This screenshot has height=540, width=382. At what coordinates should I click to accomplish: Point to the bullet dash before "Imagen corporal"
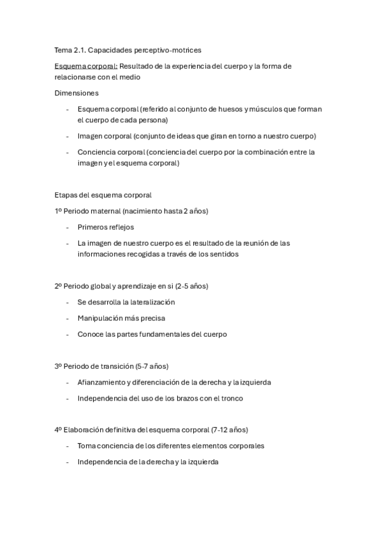68,136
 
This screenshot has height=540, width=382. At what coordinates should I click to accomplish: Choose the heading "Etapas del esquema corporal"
103,195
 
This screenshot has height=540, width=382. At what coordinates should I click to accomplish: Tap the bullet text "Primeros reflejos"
105,227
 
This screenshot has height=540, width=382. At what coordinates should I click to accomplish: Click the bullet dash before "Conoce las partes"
68,334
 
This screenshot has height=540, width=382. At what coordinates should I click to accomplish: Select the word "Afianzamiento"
101,382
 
